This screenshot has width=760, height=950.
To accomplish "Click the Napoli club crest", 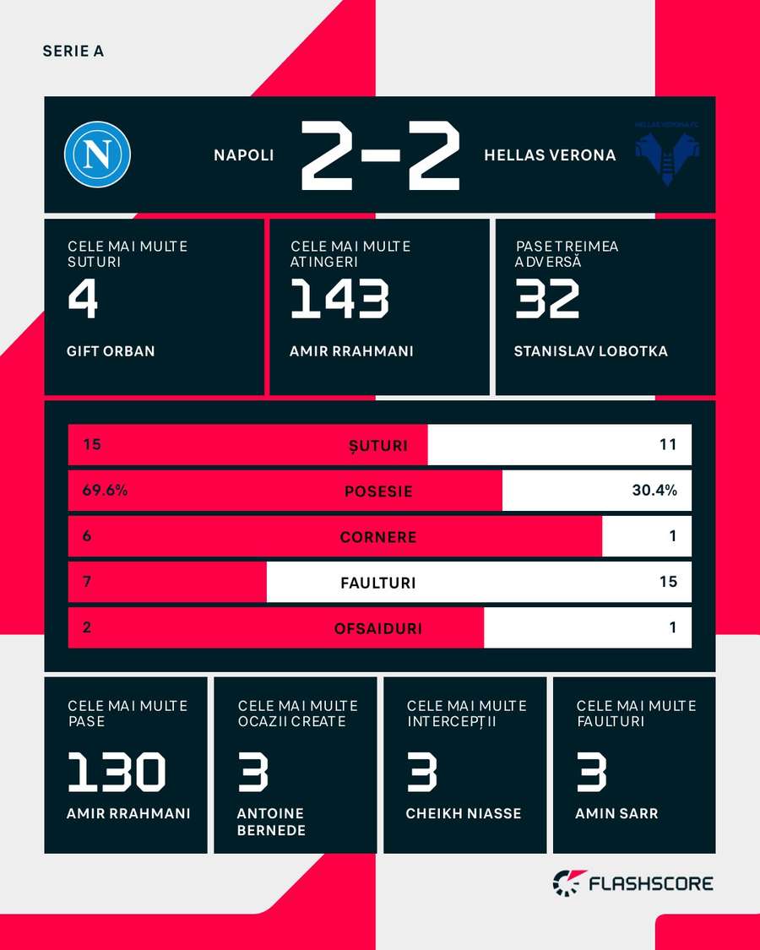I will [x=97, y=155].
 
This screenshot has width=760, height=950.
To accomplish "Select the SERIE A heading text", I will [x=73, y=52].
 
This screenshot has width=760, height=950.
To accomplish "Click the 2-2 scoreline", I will [x=379, y=155].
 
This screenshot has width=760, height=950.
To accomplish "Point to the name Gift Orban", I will [x=111, y=350].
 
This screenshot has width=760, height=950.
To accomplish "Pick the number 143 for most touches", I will [x=339, y=299].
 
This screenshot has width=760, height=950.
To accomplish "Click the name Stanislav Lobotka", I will [x=590, y=350].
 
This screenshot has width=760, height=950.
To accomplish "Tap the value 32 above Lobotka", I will [x=547, y=299].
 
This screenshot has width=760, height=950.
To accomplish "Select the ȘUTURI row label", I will [x=378, y=445].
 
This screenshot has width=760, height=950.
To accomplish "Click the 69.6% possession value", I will [x=105, y=490].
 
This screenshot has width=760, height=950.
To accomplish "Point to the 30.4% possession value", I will [x=654, y=490].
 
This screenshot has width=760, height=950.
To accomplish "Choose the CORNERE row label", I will [x=378, y=537].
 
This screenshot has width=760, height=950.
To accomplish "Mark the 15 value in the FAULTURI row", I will [x=668, y=582].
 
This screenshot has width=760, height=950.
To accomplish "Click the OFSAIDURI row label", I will [x=378, y=628].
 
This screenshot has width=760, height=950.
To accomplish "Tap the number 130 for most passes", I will [x=117, y=772].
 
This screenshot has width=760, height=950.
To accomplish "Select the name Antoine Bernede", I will [x=271, y=822].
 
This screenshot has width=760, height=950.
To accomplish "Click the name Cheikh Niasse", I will [x=464, y=813].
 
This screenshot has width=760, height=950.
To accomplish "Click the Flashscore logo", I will [x=632, y=883].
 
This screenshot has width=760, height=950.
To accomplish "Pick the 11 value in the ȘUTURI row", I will [x=668, y=444].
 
